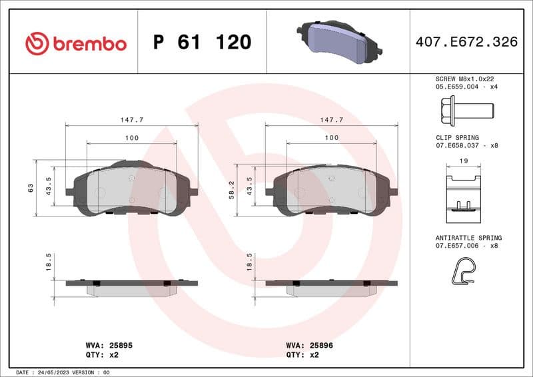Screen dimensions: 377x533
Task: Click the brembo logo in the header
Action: (x=75, y=43)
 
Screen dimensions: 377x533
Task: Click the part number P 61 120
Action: (x=202, y=43)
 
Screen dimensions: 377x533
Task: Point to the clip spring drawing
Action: (x=463, y=193)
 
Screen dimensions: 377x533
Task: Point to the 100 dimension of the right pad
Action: (x=331, y=137)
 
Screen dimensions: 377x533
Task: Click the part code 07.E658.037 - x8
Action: (x=466, y=145)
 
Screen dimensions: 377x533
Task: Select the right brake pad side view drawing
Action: (x=331, y=286)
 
